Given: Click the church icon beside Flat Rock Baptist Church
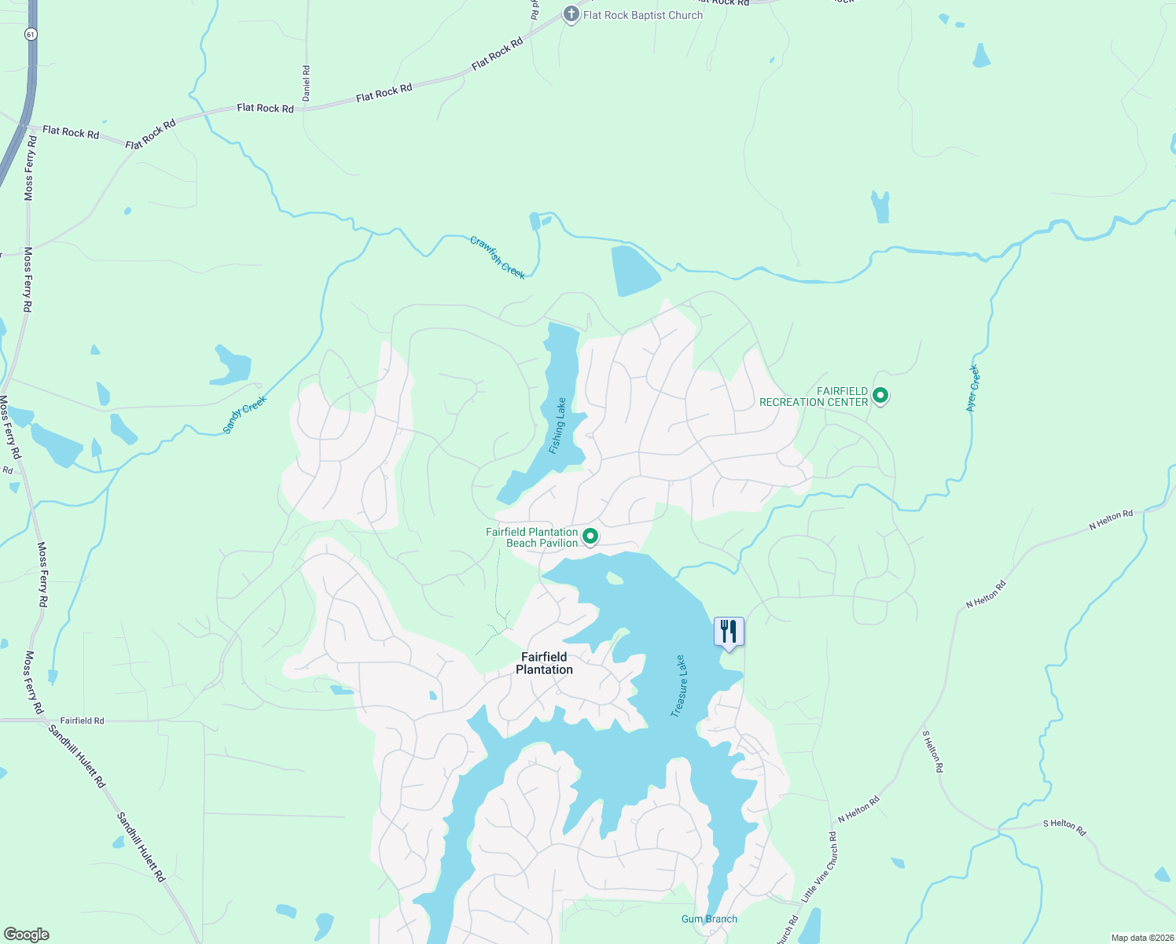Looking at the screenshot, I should coord(571,15).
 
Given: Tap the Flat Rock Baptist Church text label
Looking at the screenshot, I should coord(643,15).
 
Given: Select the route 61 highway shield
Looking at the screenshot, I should coord(29,34).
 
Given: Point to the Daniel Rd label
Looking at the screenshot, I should coord(307,82).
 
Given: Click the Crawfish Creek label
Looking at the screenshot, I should coord(498,257).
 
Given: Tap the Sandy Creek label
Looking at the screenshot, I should coord(244,415).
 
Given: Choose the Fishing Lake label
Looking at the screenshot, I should coord(557,426).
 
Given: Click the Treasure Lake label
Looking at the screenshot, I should coord(678,686).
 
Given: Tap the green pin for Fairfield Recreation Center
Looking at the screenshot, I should coord(880,396).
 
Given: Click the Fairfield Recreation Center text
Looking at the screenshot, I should coord(814,396).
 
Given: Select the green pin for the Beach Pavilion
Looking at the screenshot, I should coord(590,537).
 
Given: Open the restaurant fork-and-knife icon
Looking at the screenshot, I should coord(729,632).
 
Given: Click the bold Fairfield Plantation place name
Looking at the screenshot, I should coord(544,663).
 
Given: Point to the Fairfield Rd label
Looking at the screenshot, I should coord(82,721).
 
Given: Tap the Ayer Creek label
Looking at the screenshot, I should coord(973,388).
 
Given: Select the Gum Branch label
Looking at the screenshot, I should coord(709,919).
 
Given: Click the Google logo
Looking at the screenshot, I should coord(27,935).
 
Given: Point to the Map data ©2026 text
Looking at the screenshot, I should coord(1141,938).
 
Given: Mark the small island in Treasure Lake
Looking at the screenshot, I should coord(614,579).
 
